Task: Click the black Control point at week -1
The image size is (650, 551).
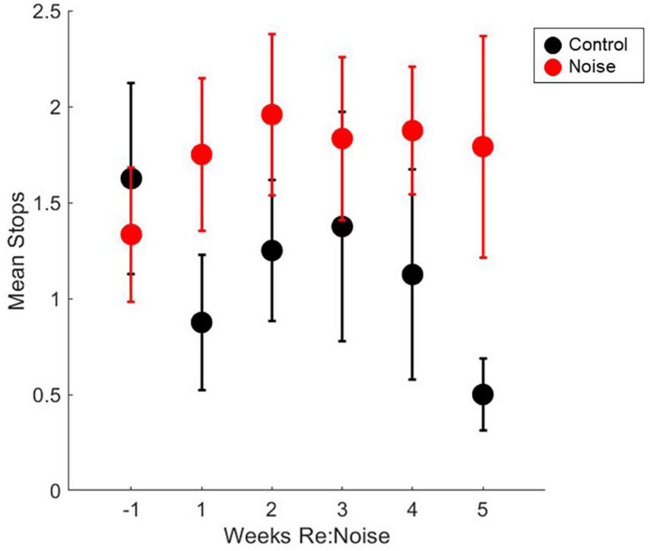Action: pyautogui.click(x=131, y=179)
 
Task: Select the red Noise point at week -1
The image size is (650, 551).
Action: pyautogui.click(x=131, y=235)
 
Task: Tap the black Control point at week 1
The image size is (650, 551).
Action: pyautogui.click(x=201, y=322)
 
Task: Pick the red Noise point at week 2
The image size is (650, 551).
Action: pyautogui.click(x=271, y=115)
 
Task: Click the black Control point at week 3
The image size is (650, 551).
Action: pyautogui.click(x=342, y=226)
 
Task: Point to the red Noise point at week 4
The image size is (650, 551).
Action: pyautogui.click(x=412, y=131)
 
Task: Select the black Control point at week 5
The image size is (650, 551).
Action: pyautogui.click(x=483, y=394)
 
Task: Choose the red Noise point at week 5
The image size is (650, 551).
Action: pyautogui.click(x=483, y=146)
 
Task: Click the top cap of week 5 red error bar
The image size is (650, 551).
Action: pyautogui.click(x=483, y=36)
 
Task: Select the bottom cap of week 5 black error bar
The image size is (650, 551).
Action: pyautogui.click(x=483, y=431)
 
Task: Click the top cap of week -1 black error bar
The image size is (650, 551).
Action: pyautogui.click(x=131, y=82)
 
